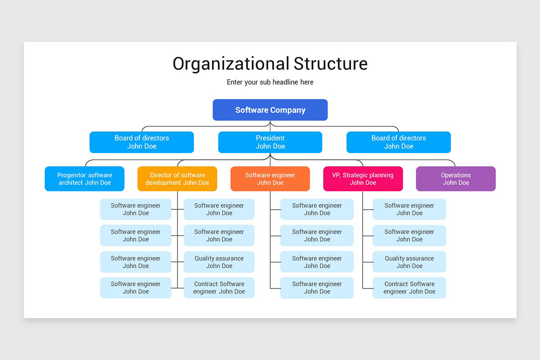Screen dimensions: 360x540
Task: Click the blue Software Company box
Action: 270,110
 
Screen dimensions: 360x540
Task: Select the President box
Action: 270,142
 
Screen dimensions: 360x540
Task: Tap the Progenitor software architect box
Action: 85,179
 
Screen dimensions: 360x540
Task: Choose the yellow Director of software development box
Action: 177,179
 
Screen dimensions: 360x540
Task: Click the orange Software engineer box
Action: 270,179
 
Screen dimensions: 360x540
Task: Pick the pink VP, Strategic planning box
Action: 363,179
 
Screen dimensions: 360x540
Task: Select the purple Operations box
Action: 455,179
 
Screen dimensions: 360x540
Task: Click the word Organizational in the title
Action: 231,64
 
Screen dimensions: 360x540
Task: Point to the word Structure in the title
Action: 331,64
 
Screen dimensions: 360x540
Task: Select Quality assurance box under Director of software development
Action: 219,262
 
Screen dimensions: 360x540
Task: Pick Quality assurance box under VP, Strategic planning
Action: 409,262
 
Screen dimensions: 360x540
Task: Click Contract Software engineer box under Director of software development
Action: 219,288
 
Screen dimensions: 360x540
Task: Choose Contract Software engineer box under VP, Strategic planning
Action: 409,288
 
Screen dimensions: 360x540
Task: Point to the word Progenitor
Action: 72,175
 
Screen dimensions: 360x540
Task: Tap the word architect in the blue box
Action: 71,183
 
